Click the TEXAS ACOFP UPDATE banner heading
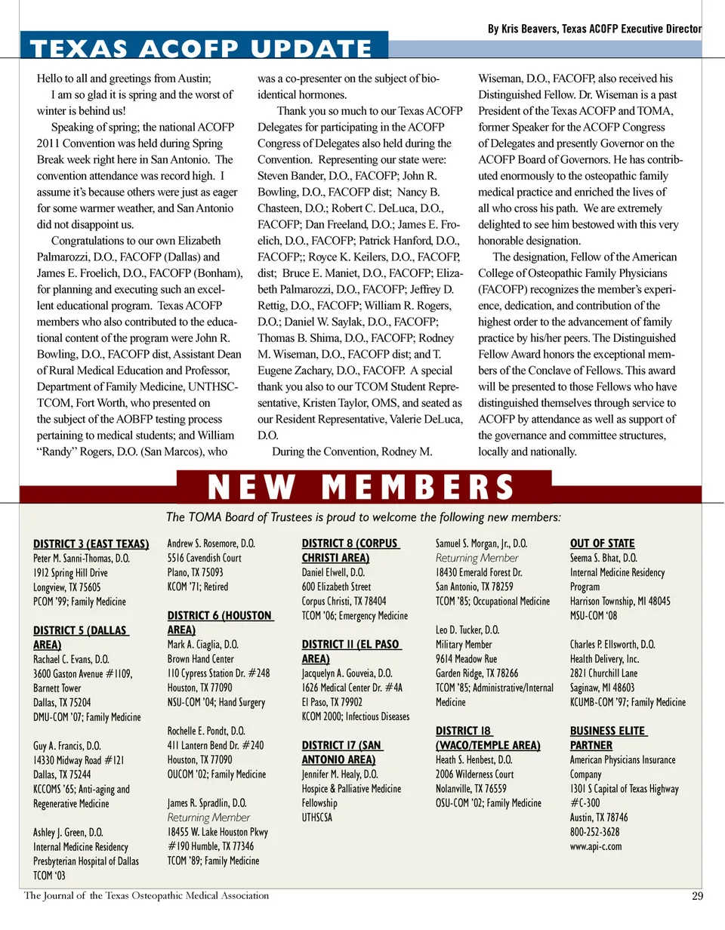point(202,49)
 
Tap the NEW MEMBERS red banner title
point(361,488)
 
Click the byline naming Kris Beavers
point(594,29)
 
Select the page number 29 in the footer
point(697,897)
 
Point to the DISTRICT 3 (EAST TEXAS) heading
point(91,544)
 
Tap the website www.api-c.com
point(596,845)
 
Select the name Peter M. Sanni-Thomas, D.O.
point(82,558)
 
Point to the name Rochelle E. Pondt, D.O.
point(206,731)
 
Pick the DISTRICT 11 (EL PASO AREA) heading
point(350,651)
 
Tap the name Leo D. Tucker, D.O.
point(467,630)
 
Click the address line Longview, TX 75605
point(66,587)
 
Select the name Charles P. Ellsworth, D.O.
point(612,645)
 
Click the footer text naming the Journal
point(147,896)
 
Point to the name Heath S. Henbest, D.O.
point(474,759)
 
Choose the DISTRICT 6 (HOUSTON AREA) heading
point(219,623)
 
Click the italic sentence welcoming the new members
point(363,517)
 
